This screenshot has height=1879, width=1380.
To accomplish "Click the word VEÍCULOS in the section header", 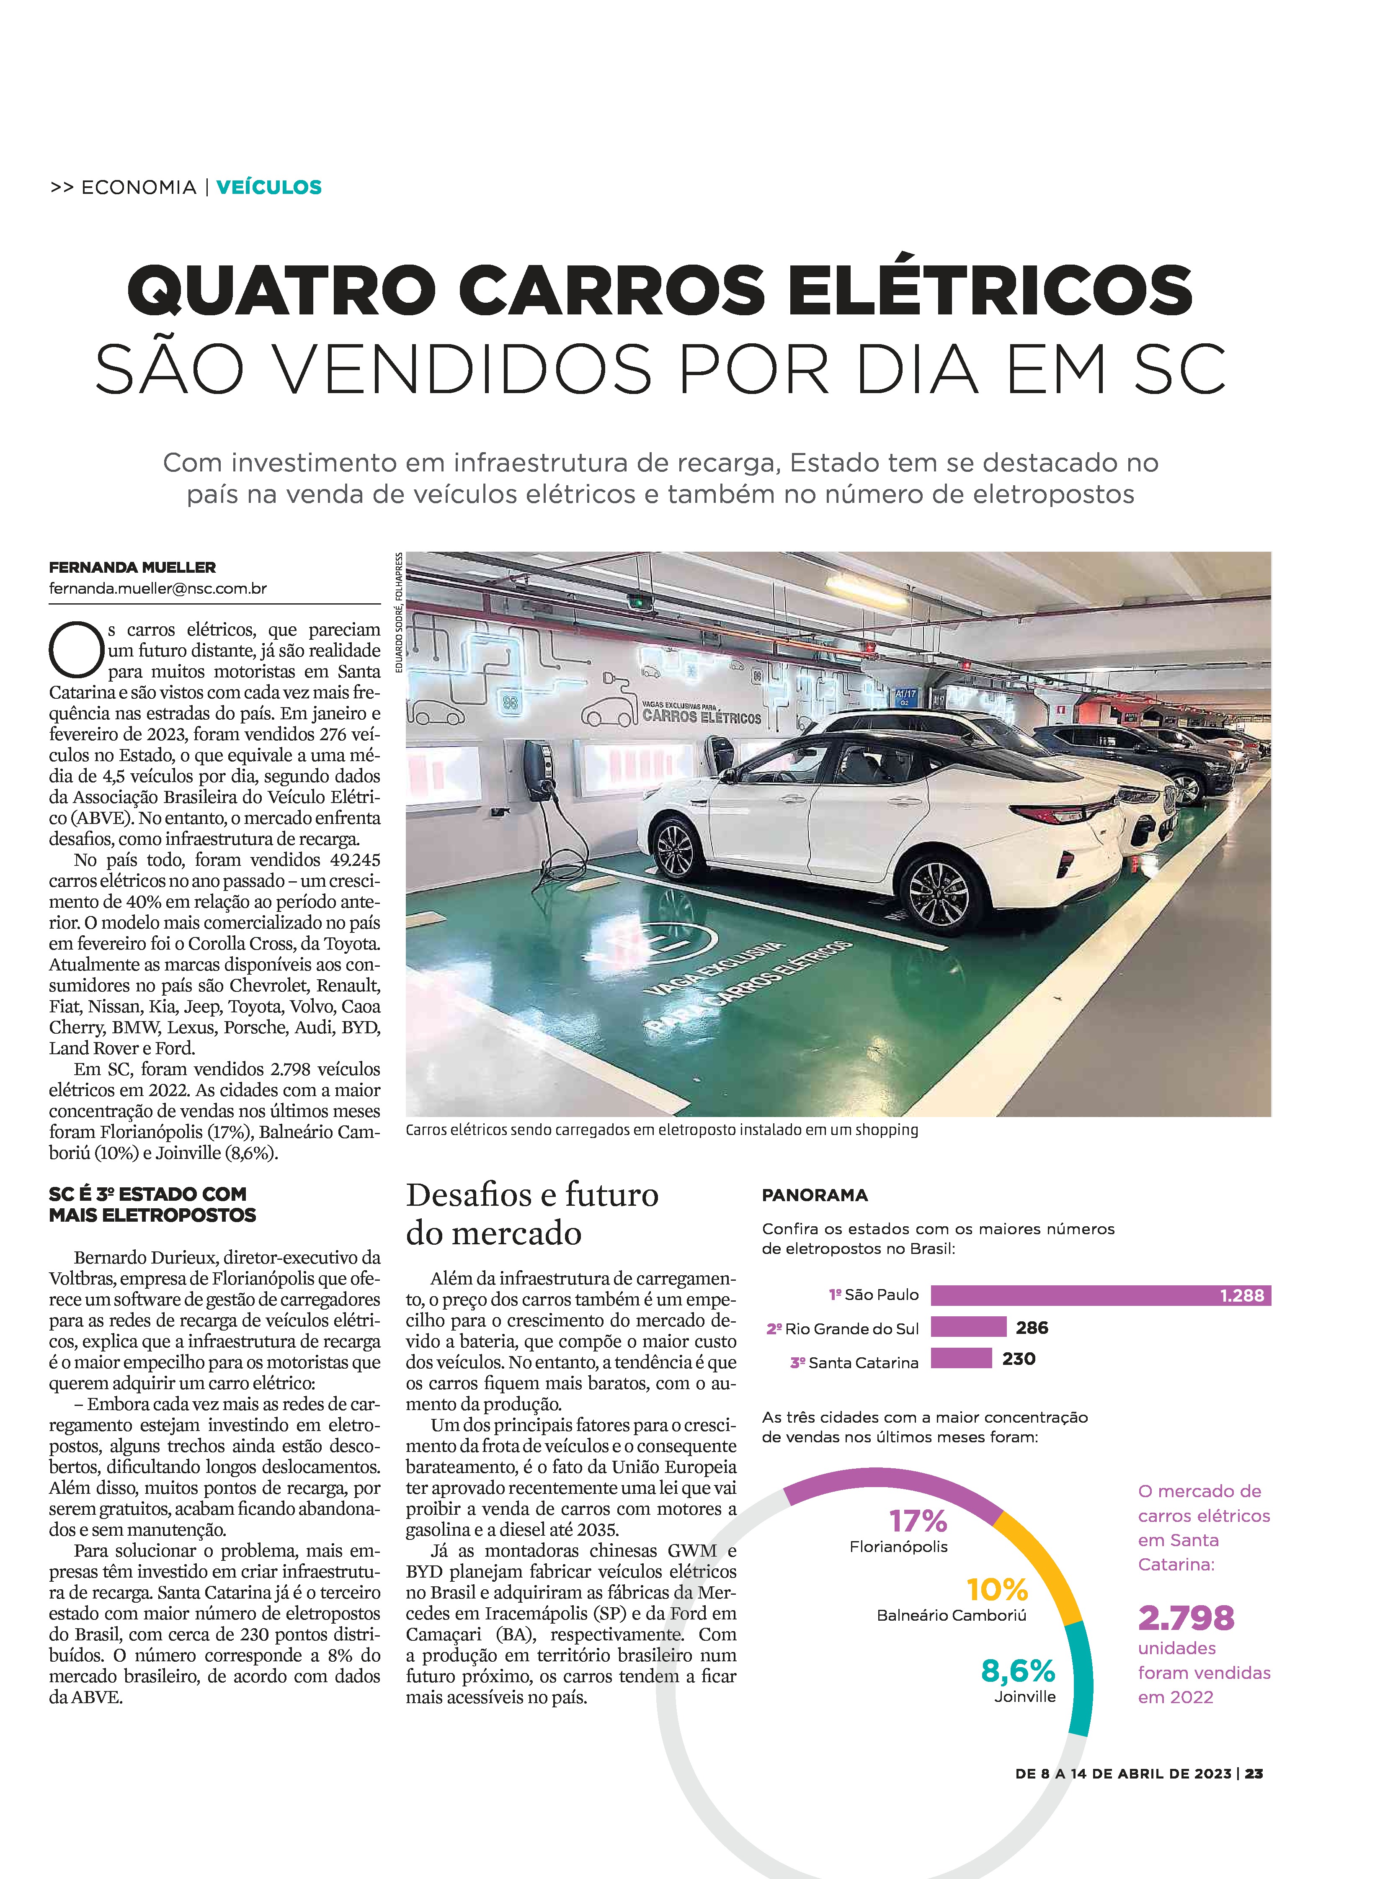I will click(269, 187).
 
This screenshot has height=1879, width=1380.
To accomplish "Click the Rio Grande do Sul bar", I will click(968, 1327).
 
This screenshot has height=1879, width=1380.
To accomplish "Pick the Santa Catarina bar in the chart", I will click(961, 1359).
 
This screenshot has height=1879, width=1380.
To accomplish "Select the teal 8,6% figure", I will click(1017, 1670).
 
